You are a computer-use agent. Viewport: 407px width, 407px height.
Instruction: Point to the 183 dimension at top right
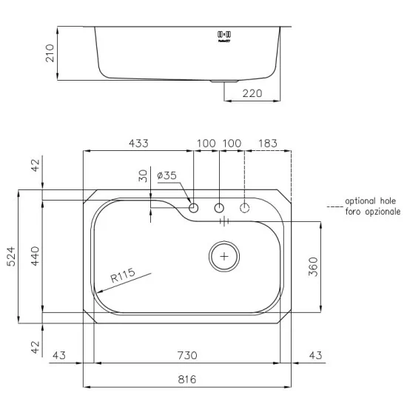pyautogui.click(x=269, y=142)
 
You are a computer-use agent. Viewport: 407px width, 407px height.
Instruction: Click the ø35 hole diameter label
pyautogui.click(x=167, y=176)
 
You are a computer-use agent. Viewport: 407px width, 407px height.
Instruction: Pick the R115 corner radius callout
pyautogui.click(x=122, y=277)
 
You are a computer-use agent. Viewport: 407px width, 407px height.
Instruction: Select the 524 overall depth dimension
pyautogui.click(x=10, y=256)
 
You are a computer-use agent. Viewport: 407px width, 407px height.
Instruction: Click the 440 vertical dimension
pyautogui.click(x=35, y=256)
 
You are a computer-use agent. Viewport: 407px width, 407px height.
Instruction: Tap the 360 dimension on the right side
pyautogui.click(x=313, y=267)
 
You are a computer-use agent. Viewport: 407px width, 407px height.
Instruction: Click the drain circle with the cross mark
pyautogui.click(x=224, y=256)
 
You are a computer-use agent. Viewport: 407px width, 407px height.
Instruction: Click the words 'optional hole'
pyautogui.click(x=371, y=201)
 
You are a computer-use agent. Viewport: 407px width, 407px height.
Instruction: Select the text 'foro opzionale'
pyautogui.click(x=372, y=212)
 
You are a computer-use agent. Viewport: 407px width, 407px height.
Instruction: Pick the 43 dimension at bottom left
pyautogui.click(x=61, y=356)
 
